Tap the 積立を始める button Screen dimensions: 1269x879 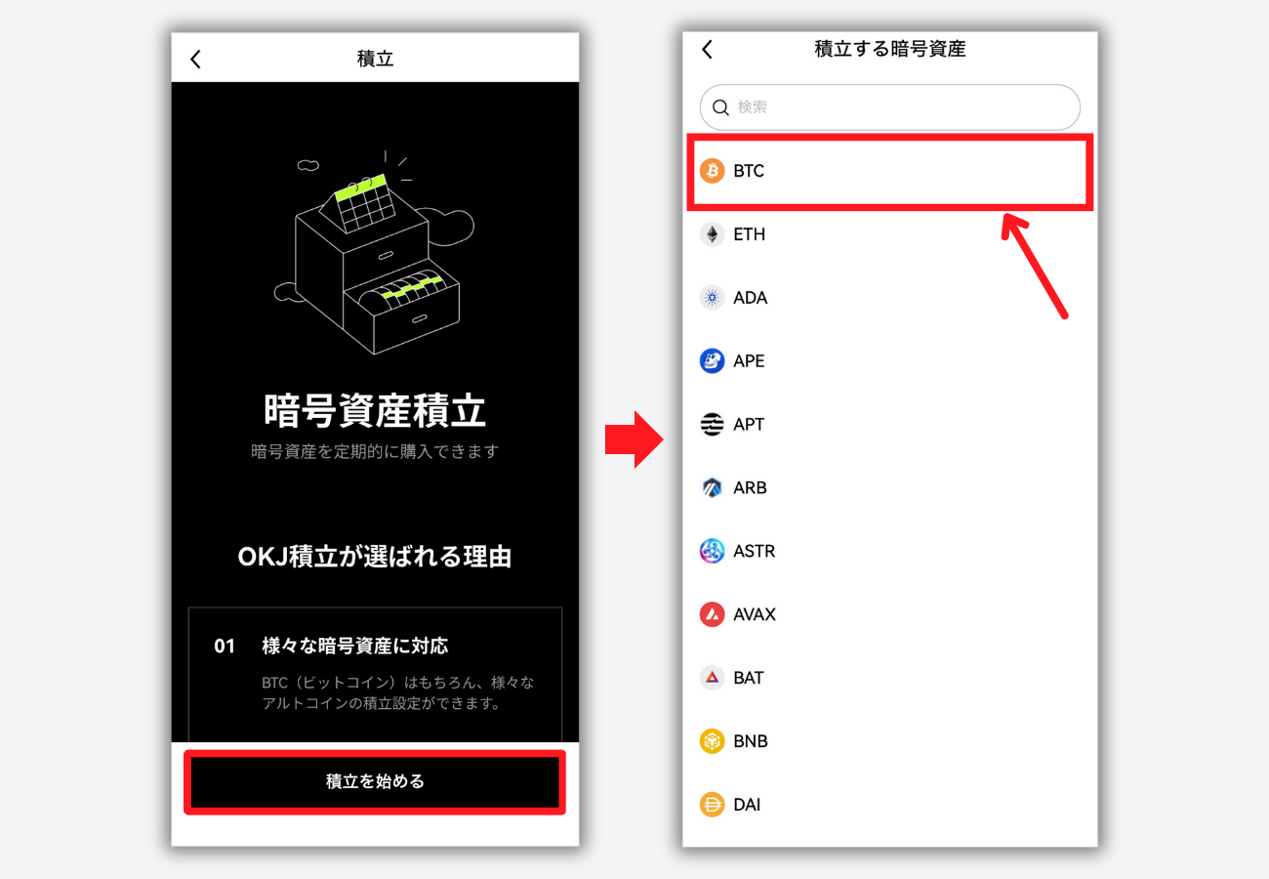[x=375, y=781]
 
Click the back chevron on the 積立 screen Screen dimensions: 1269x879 [x=195, y=59]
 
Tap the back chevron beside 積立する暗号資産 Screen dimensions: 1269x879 [x=707, y=49]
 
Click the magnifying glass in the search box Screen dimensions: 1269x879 [x=720, y=107]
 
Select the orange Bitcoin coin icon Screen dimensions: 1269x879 [x=713, y=171]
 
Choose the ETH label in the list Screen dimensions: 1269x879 [x=749, y=234]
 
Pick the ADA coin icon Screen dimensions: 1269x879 [x=713, y=298]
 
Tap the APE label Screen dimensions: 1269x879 [x=749, y=361]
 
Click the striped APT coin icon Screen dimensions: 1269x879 [x=713, y=425]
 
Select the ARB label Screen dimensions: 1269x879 [x=750, y=488]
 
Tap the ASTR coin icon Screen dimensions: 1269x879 [x=713, y=551]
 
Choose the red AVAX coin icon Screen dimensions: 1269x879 [x=713, y=614]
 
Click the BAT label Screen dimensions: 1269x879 [x=749, y=678]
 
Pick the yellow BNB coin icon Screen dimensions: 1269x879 [x=713, y=741]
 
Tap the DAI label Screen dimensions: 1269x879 [x=747, y=805]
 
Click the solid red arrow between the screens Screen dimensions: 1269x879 [x=634, y=439]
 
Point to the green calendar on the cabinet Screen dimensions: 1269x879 [x=362, y=202]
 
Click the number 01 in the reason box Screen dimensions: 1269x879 [x=225, y=647]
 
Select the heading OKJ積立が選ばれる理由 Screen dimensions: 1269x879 [x=375, y=557]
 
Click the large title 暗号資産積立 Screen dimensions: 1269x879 [x=375, y=410]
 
